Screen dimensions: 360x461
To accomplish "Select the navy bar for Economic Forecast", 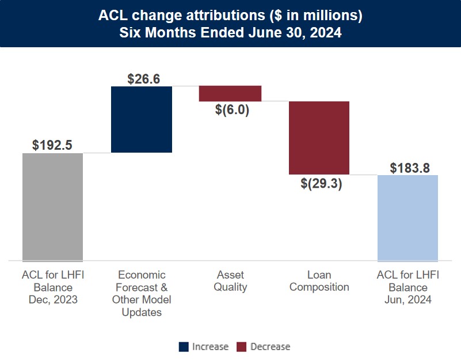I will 142,119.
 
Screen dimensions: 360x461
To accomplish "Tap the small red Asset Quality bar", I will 230,93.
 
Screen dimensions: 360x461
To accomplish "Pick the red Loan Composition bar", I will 319,138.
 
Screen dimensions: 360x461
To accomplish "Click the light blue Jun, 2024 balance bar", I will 407,218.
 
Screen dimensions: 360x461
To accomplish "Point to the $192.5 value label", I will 52,145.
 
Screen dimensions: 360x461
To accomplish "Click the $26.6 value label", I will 141,78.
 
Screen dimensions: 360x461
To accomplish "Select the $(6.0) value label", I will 230,110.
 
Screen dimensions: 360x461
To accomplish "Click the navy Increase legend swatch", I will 184,346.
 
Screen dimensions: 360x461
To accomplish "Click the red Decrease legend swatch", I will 242,346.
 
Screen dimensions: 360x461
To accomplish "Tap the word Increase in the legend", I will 210,346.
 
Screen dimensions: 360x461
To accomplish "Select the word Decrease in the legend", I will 270,346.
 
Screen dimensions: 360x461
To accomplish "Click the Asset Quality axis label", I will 230,281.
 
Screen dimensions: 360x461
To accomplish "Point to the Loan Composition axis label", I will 319,281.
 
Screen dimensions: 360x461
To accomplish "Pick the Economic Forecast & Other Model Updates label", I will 142,294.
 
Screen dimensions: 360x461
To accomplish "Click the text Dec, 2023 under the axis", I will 53,300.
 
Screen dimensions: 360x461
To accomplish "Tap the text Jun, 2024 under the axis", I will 407,300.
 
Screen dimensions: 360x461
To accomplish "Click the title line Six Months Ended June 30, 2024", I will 230,33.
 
